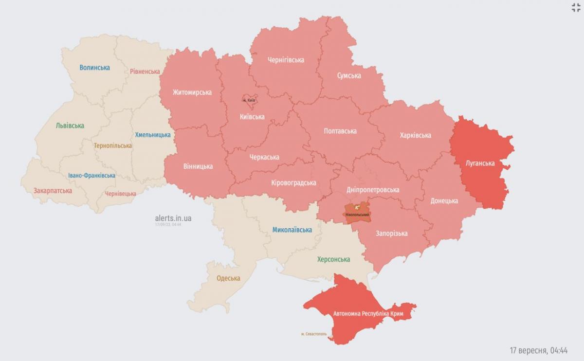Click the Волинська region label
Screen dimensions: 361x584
coord(94,68)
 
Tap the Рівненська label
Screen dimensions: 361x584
coord(145,72)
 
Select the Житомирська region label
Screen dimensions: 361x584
coord(192,92)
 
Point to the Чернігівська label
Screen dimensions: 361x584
coord(286,60)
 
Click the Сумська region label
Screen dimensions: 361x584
coord(349,75)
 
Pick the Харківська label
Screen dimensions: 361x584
coord(415,135)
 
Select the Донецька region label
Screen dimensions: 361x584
coord(444,200)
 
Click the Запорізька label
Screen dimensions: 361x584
coord(391,234)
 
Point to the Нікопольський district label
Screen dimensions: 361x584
coord(357,215)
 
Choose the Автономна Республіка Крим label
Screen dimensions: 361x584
coord(368,314)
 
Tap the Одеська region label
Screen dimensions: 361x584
coord(228,278)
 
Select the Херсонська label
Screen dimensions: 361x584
coord(333,259)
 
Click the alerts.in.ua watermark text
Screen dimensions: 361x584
coord(173,218)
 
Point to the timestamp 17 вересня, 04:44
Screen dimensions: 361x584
coord(539,350)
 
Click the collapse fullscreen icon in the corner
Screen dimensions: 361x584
coord(576,7)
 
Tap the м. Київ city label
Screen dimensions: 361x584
coord(249,100)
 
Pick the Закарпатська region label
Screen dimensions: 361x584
coord(53,191)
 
